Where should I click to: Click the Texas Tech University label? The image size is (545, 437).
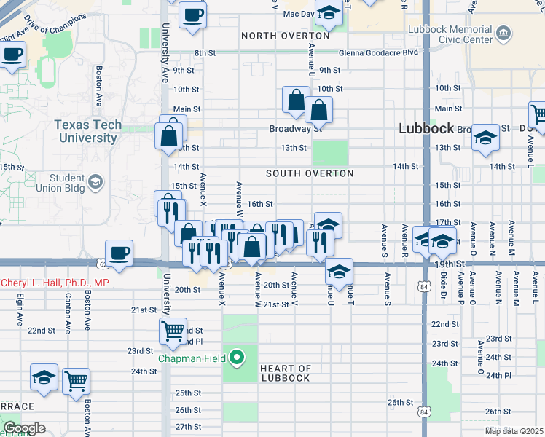pos(87,131)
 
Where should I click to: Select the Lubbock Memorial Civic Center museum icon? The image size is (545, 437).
pos(503,34)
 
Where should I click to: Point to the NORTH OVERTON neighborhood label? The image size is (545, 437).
pos(286,36)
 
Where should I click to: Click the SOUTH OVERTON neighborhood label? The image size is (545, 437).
pos(310,173)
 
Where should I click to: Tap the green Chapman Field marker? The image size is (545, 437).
pos(237,358)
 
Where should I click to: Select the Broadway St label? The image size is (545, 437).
pos(295,129)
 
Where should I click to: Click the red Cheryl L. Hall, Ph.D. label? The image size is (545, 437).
pos(55,283)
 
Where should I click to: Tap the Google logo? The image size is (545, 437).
pos(24,428)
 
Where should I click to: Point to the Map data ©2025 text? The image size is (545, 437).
pos(514,431)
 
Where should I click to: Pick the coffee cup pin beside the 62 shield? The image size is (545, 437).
pos(119,253)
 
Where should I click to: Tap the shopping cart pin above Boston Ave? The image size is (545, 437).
pos(76,381)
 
